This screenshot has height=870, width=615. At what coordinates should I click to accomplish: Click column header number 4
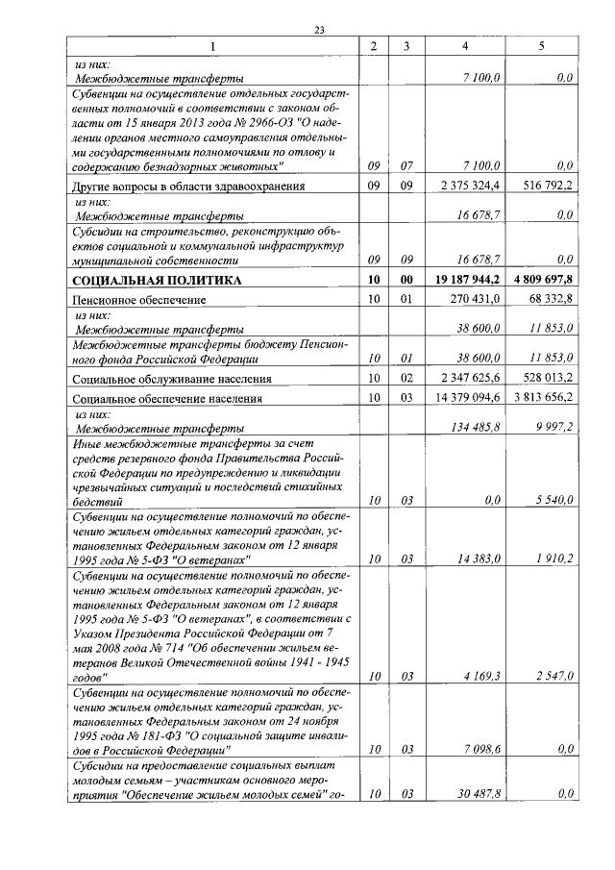pos(465,46)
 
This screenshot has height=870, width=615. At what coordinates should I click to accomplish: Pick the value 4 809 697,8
pos(541,280)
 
